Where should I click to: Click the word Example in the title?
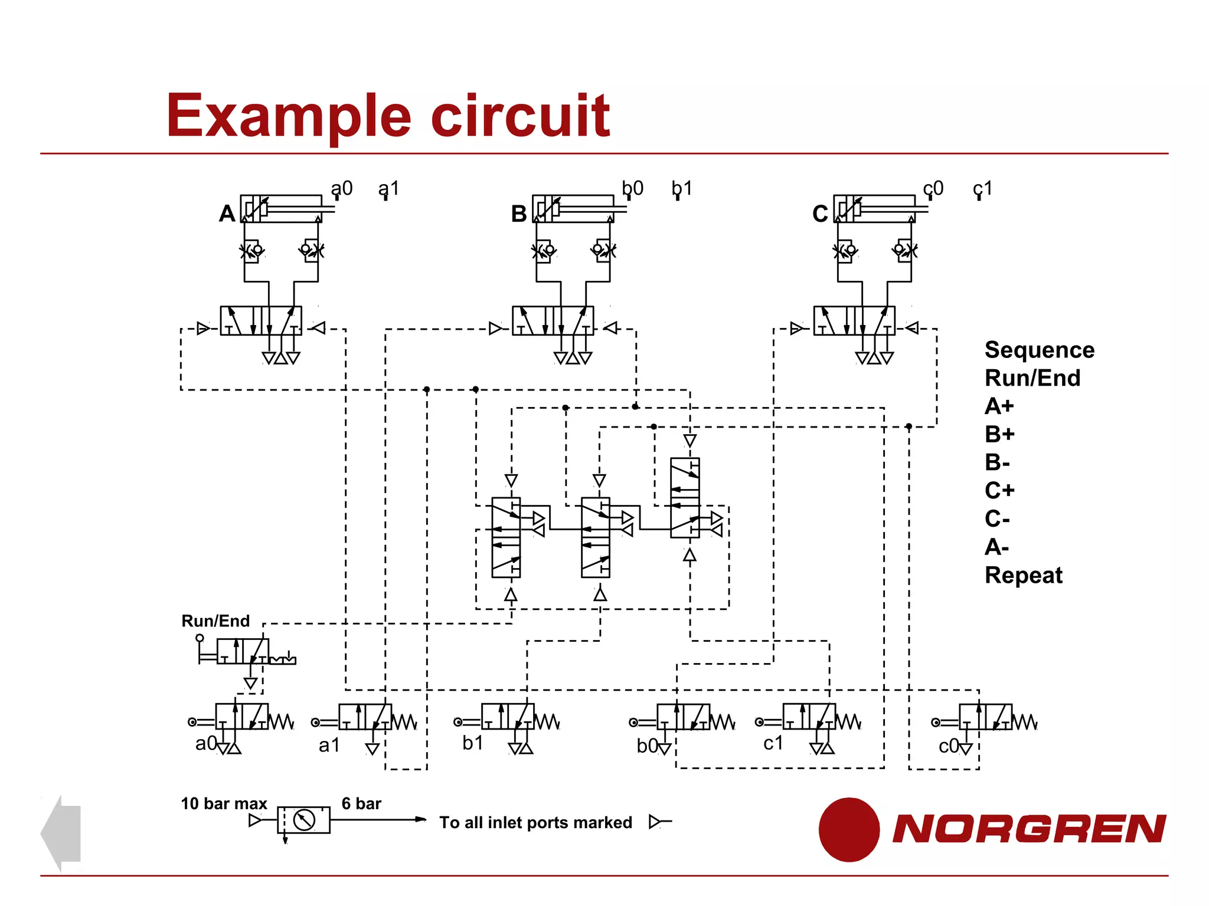[x=288, y=117]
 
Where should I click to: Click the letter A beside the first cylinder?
[x=227, y=213]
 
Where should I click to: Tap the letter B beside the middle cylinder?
[x=518, y=214]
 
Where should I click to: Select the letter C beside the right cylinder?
[x=819, y=214]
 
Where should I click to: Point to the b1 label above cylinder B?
[x=682, y=188]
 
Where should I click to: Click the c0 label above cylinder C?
[x=933, y=188]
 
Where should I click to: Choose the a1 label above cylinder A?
[x=389, y=188]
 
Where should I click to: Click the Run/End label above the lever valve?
[x=215, y=621]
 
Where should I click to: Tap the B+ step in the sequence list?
[x=999, y=434]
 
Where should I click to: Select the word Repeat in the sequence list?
[x=1023, y=575]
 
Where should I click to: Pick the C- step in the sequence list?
[x=997, y=518]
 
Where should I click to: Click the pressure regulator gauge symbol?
[x=304, y=820]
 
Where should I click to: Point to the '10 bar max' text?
[x=224, y=803]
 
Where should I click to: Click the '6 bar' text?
[x=361, y=803]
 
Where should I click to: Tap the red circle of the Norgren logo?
[x=849, y=829]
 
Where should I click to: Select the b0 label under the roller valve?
[x=647, y=746]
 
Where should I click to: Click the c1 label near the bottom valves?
[x=773, y=743]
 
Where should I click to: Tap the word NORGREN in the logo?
[x=1029, y=829]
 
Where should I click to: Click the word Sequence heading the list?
[x=1039, y=350]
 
